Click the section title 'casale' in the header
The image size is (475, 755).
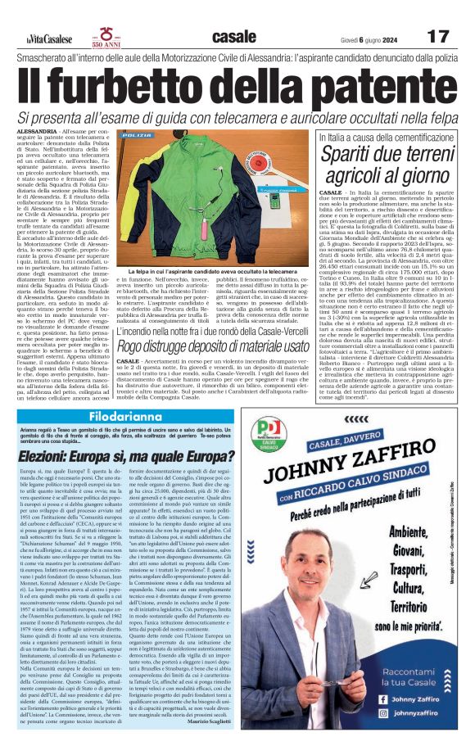click(233, 37)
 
